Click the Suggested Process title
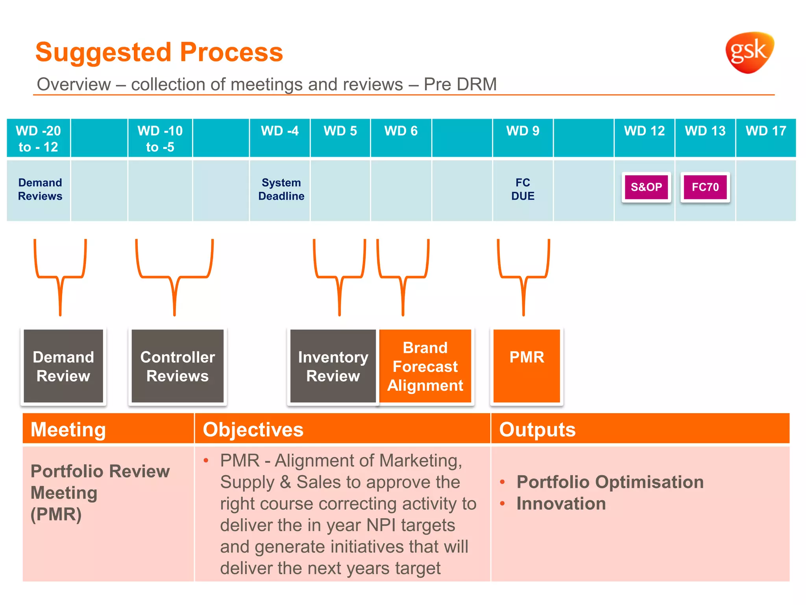point(159,52)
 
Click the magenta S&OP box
point(646,187)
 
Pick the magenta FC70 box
point(705,187)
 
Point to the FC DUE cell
point(523,189)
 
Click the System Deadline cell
point(281,189)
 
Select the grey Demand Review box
point(63,366)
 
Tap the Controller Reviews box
point(177,366)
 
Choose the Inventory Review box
point(333,366)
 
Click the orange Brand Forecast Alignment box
point(425,366)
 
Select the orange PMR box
point(527,366)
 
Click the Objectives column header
point(253,429)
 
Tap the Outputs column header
point(537,429)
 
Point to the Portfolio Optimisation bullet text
point(610,482)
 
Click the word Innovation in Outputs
point(561,504)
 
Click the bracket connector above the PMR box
point(523,278)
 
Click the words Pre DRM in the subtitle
point(460,84)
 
